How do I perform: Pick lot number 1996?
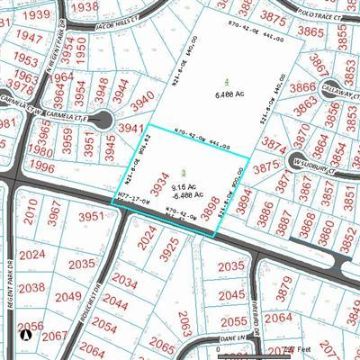click(x=42, y=167)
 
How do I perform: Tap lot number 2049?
click(x=68, y=296)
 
